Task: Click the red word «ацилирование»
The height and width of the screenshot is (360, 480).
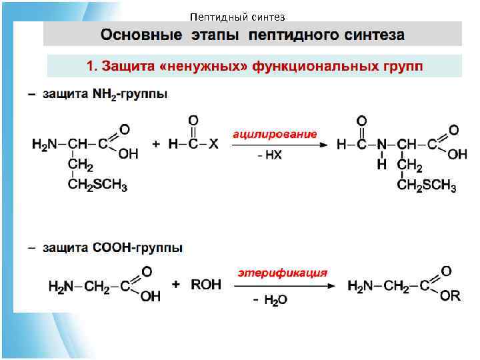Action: pos(274,134)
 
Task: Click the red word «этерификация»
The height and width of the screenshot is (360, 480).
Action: pos(283,273)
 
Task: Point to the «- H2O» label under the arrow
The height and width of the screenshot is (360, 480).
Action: pos(270,300)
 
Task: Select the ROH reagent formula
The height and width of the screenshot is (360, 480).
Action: pos(206,285)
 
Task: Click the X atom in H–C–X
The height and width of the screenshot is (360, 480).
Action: pos(213,144)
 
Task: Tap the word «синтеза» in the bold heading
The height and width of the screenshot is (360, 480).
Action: pos(371,34)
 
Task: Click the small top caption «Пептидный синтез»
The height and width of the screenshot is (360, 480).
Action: pos(237,17)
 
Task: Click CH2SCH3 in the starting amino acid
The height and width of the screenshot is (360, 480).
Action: pos(97,185)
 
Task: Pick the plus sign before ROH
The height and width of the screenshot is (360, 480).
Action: pos(177,284)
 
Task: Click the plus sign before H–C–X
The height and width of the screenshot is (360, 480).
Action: pos(156,144)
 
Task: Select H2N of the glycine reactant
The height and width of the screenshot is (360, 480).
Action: pos(61,287)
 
